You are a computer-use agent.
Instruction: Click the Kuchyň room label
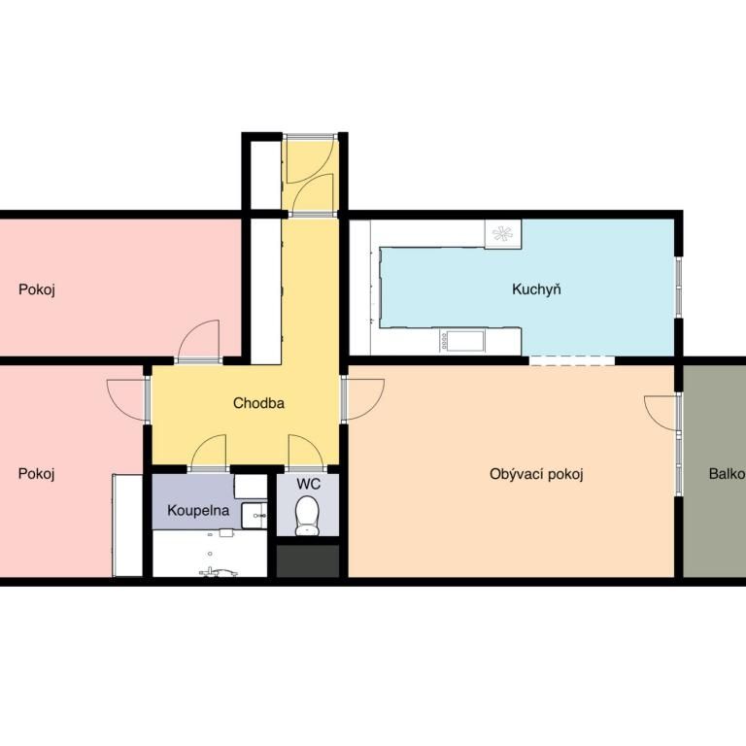point(536,289)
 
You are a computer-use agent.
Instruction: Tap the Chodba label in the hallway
point(258,403)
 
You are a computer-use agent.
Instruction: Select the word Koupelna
point(198,511)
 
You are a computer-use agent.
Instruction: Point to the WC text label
point(308,484)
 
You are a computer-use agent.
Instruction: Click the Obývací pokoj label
point(536,474)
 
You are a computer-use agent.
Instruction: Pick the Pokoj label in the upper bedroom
point(37,289)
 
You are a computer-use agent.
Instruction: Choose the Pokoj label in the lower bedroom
point(36,474)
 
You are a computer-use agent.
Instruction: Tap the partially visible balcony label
point(727,474)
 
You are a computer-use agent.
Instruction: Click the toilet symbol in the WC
point(307,515)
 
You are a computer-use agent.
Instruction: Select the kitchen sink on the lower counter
point(462,341)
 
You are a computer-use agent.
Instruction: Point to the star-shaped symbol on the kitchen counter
point(503,233)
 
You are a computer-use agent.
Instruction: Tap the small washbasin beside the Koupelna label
point(254,516)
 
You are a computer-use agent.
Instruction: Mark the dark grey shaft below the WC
point(308,560)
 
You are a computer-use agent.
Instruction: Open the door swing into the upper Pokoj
point(199,340)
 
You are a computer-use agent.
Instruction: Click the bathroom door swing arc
point(209,451)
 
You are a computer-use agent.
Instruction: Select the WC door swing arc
point(305,451)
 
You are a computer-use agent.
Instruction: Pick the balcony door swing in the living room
point(661,413)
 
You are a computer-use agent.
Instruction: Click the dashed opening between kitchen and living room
point(572,360)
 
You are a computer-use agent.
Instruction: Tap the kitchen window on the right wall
point(679,288)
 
